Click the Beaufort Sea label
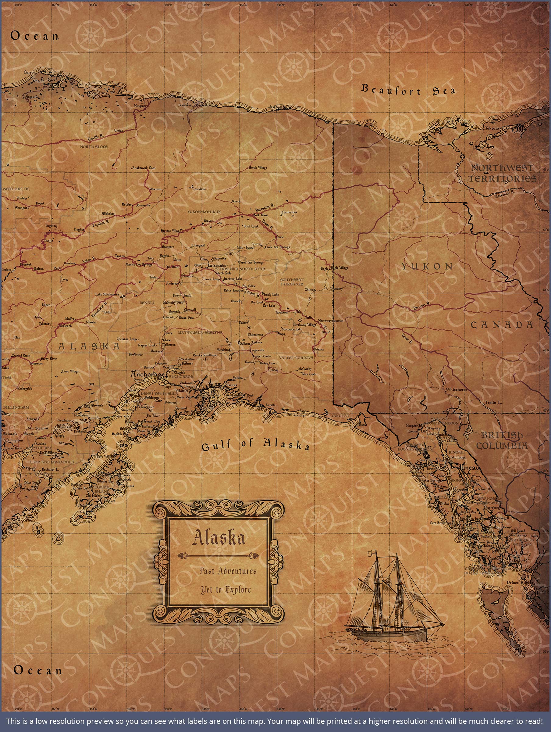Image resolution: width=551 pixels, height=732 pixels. coord(408,90)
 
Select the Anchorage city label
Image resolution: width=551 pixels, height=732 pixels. coord(147,374)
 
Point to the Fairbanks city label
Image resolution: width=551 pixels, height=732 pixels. coord(217,265)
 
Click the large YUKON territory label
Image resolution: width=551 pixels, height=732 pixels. coord(427,266)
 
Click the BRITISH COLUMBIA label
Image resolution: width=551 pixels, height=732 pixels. coord(502,440)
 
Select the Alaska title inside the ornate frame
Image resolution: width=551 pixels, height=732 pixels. coord(219,538)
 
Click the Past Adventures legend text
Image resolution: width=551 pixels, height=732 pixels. coord(228,571)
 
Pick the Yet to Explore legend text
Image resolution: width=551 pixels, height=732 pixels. coord(225,589)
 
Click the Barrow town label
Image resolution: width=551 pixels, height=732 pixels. coord(30,72)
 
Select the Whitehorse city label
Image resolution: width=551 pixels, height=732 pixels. coord(456,389)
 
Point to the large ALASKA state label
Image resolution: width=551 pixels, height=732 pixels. coord(89,346)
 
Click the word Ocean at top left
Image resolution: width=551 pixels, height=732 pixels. coord(34,36)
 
